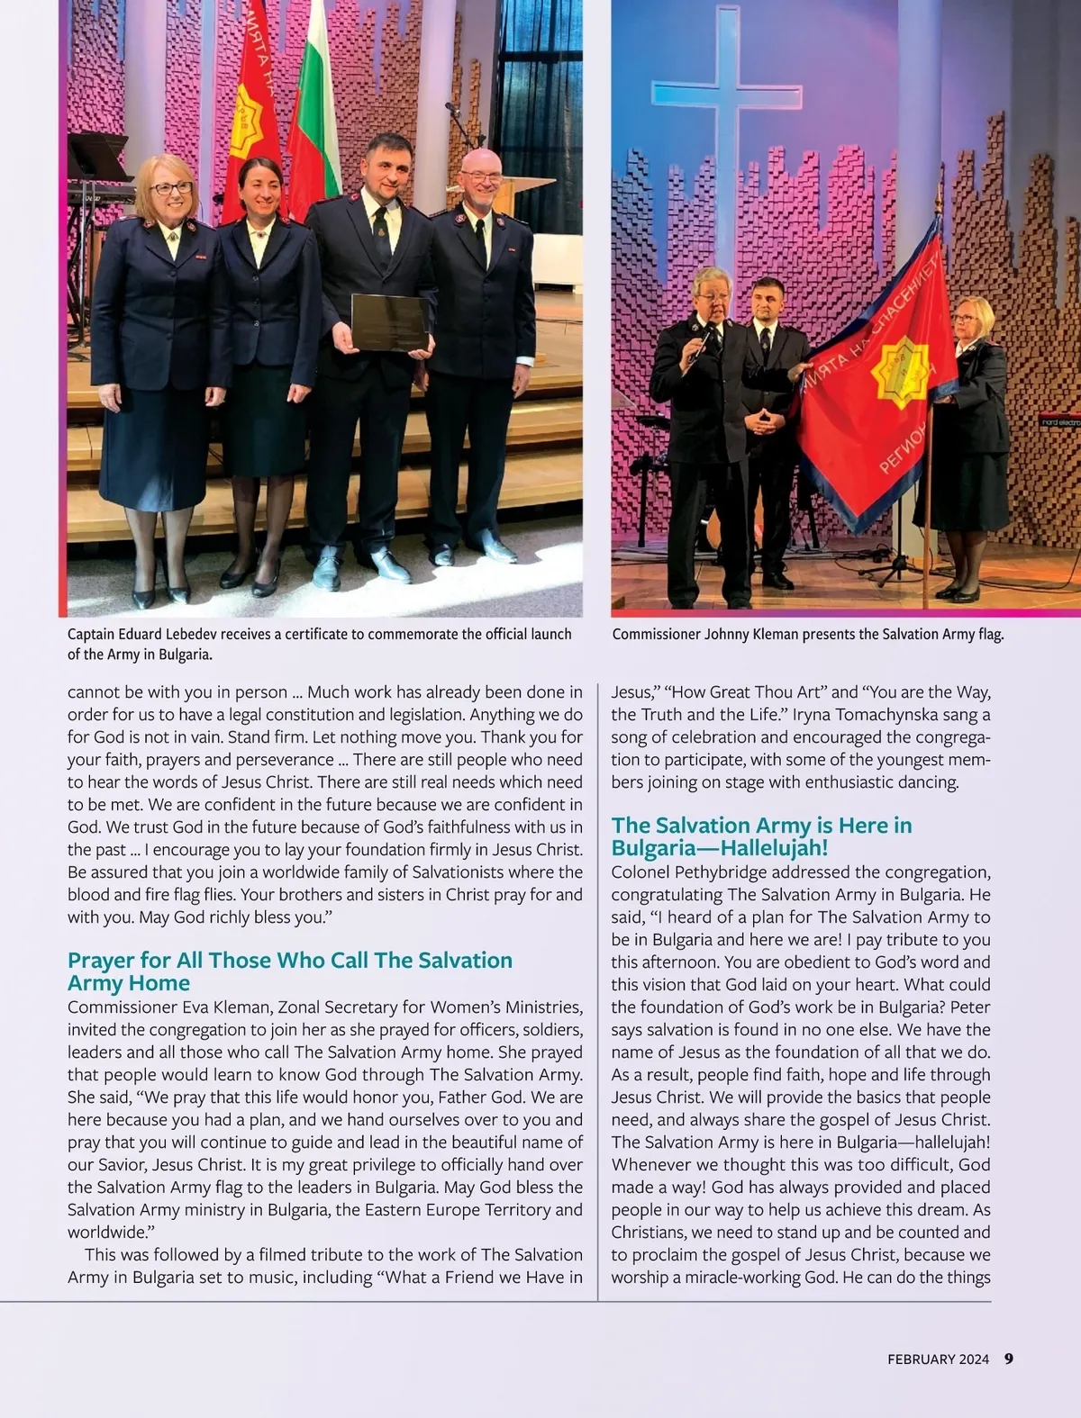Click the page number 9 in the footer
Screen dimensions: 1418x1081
pos(1009,1359)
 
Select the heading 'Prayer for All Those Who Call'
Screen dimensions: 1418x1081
pos(289,961)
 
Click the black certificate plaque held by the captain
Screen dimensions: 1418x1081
pos(389,321)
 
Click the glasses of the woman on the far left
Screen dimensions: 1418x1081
pos(171,188)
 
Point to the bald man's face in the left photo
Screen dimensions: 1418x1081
pos(480,180)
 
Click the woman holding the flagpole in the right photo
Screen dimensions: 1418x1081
pos(971,405)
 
